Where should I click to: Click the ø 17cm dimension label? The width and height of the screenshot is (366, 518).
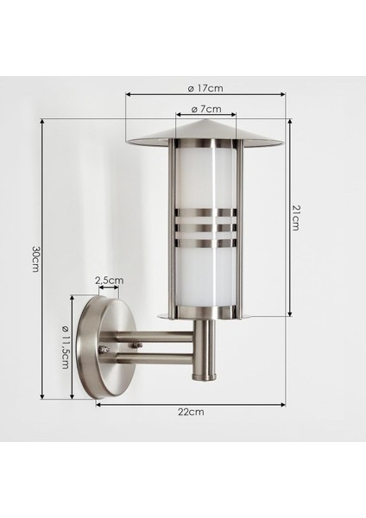(205, 89)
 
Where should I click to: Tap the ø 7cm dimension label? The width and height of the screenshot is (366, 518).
(205, 109)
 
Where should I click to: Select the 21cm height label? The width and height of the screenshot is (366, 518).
(296, 218)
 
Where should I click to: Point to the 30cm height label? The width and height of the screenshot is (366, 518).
(35, 259)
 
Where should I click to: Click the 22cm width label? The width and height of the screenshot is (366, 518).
(191, 412)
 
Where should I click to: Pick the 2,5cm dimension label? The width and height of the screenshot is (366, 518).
(110, 281)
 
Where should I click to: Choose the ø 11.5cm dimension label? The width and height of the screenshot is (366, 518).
(65, 346)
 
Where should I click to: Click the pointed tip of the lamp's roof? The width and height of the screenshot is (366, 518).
(205, 119)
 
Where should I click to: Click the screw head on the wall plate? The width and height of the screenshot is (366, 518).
(105, 350)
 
